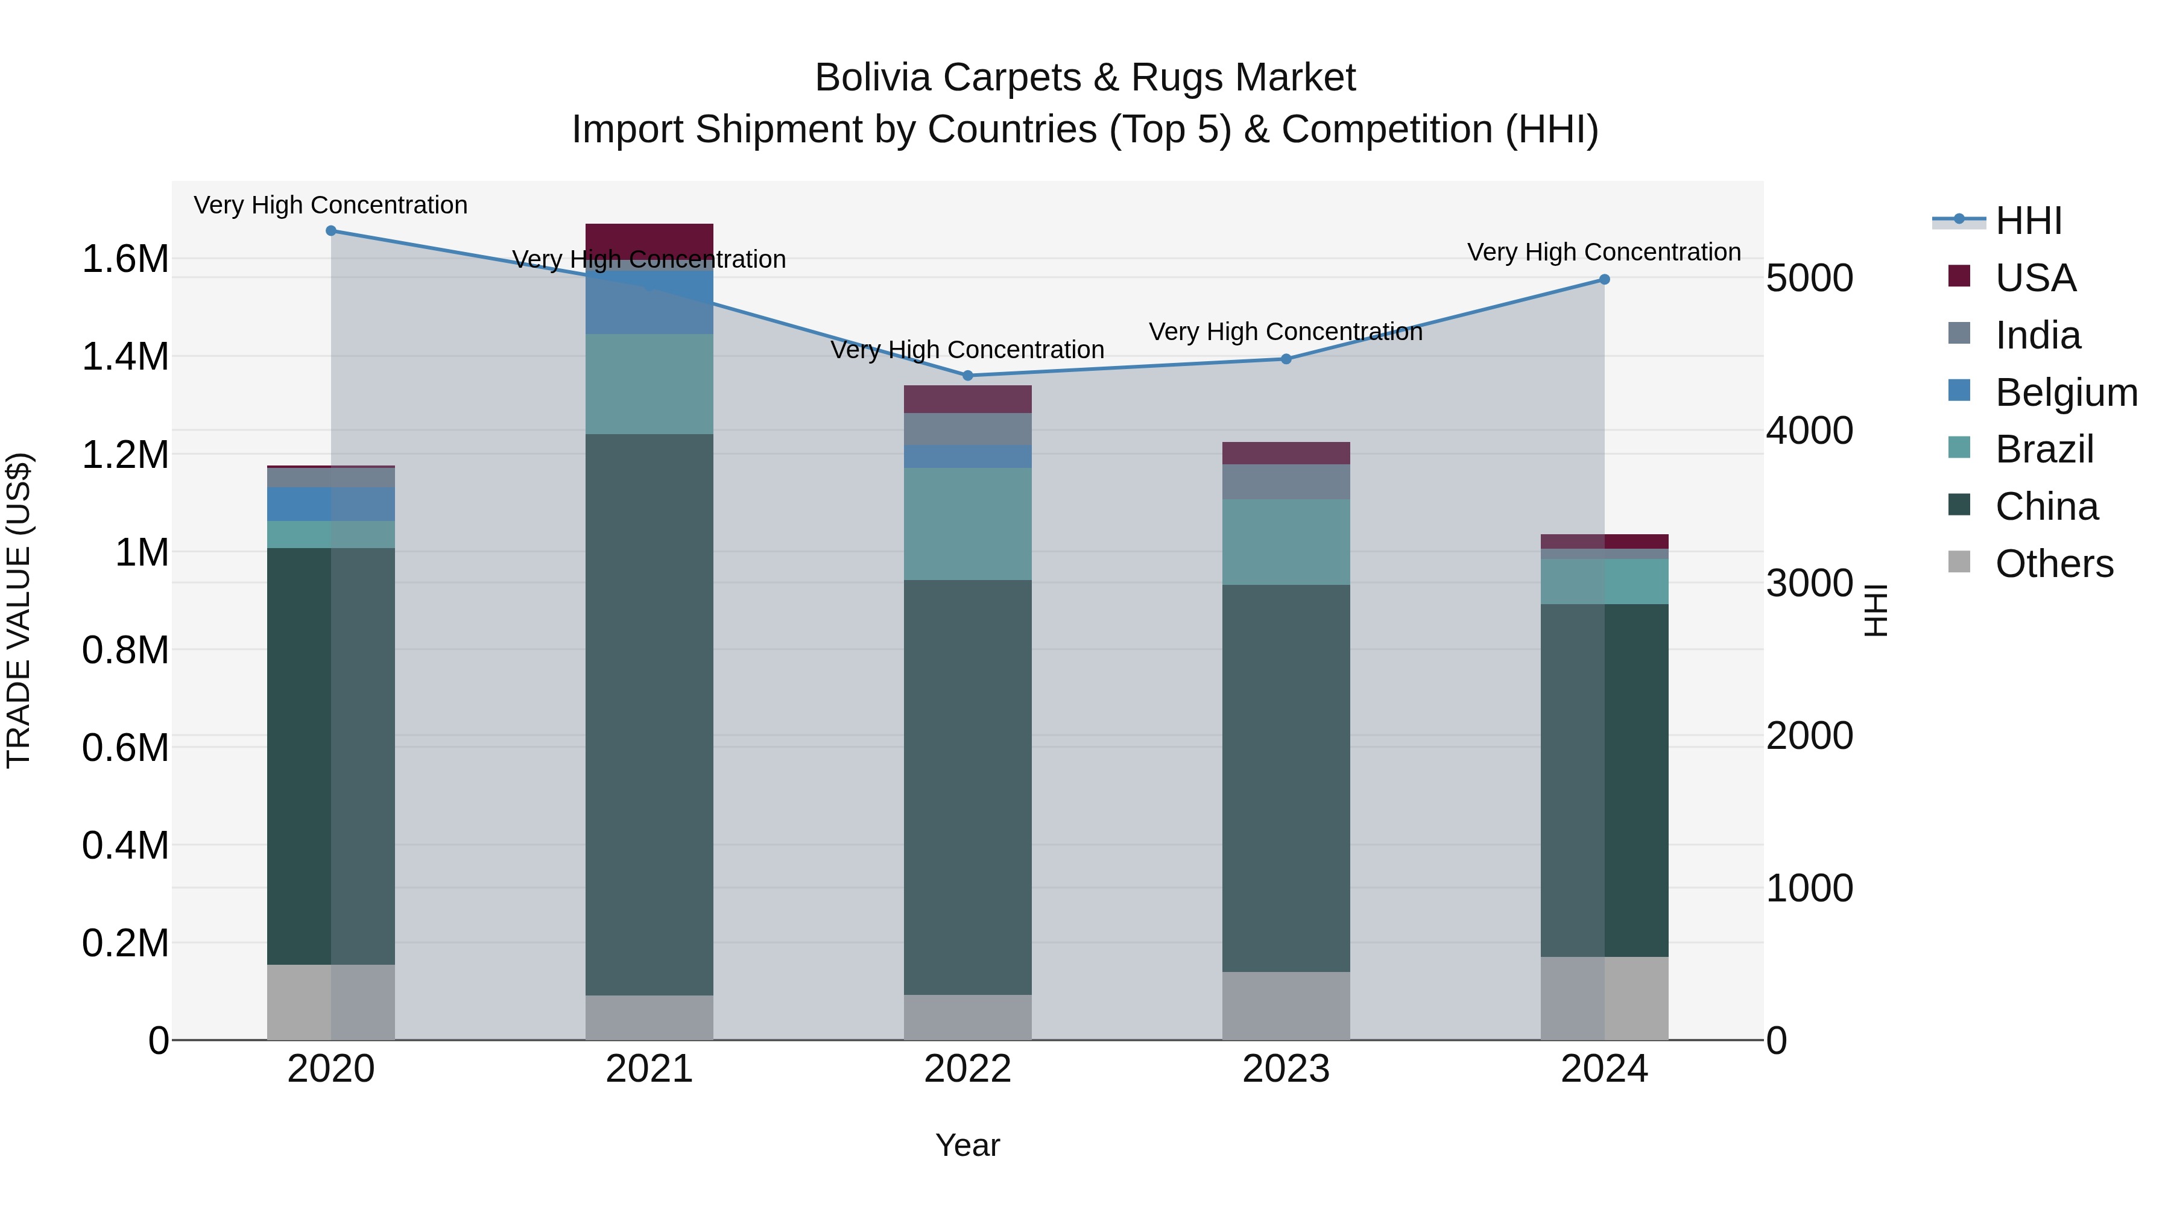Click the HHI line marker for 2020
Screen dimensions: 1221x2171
coord(330,231)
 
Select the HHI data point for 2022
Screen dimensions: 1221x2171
coord(967,376)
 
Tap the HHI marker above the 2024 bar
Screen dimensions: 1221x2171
coord(1604,280)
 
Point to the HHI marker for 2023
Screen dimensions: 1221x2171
coord(1286,359)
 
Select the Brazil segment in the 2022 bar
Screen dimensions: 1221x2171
coord(967,523)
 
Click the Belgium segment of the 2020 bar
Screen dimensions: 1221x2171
coord(330,504)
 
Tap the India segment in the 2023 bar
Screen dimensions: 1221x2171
coord(1286,481)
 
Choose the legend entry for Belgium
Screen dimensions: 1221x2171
coord(2065,393)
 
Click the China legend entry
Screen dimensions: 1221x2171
coord(2046,506)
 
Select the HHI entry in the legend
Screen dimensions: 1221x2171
coord(2027,221)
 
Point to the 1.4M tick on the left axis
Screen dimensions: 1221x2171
coord(125,356)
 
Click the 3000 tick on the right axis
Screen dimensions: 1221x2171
coord(1809,583)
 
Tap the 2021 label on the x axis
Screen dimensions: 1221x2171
coord(649,1069)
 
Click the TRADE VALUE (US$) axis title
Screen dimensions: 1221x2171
coord(19,610)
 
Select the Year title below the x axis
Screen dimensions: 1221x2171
coord(967,1145)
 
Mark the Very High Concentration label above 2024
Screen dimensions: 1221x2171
coord(1603,252)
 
